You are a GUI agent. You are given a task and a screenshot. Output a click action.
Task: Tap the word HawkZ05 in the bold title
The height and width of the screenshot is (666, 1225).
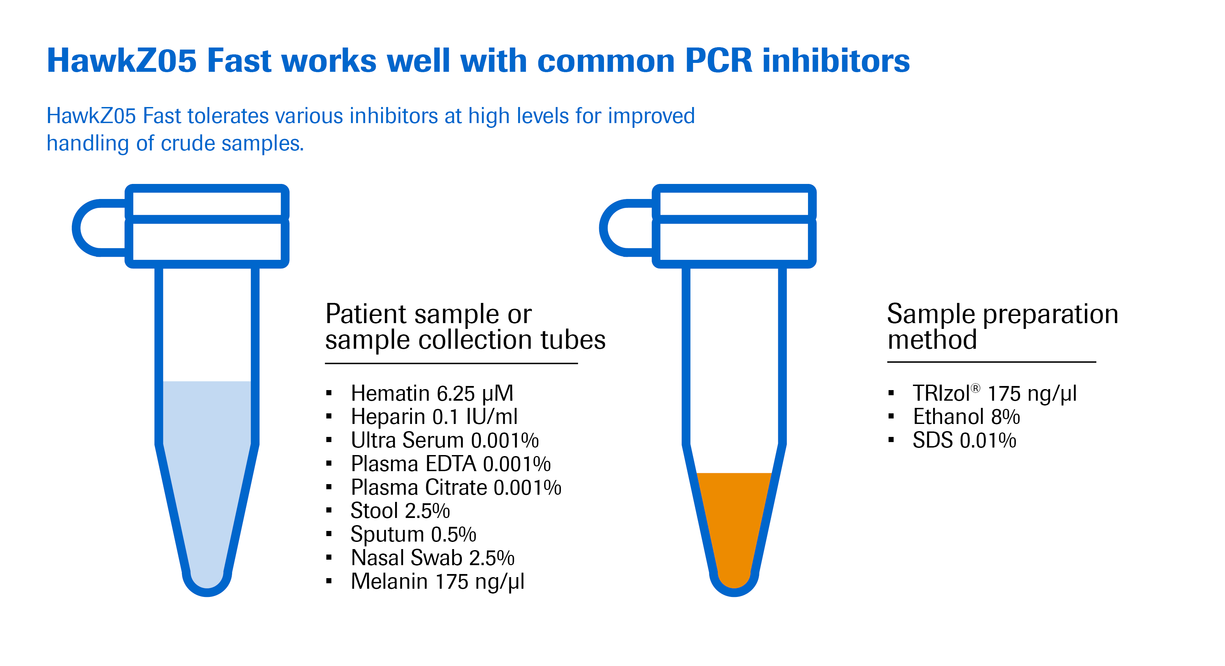(x=122, y=61)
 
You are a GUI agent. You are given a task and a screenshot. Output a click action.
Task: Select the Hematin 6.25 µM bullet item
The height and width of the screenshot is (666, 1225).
(x=432, y=394)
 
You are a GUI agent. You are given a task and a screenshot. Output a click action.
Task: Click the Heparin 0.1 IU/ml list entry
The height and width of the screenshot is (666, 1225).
(x=434, y=417)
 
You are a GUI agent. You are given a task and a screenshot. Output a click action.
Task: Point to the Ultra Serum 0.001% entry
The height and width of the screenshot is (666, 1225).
(x=445, y=440)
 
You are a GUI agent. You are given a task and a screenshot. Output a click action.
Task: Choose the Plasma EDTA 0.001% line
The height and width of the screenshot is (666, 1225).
(x=451, y=464)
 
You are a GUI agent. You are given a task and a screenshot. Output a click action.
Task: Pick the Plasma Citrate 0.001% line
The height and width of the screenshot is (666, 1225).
(x=456, y=487)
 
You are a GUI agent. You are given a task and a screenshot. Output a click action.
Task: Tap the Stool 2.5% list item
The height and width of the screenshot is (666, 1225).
(x=400, y=510)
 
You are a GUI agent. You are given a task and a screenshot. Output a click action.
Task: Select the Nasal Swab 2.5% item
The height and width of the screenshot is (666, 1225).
(x=433, y=558)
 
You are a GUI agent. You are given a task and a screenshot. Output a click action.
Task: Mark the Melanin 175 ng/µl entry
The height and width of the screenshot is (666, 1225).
(x=437, y=581)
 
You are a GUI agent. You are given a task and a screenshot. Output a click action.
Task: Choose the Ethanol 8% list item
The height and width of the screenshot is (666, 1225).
(x=966, y=417)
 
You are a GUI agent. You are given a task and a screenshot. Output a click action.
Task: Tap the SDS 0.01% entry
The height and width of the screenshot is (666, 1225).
(x=965, y=440)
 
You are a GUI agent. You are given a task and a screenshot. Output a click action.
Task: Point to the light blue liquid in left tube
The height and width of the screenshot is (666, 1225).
(x=207, y=476)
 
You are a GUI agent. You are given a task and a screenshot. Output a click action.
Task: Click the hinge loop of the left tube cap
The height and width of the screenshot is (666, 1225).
(x=85, y=228)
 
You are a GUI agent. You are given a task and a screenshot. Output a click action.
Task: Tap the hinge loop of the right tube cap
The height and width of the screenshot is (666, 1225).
(x=613, y=228)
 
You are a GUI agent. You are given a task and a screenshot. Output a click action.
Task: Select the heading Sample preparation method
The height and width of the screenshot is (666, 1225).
(x=1002, y=327)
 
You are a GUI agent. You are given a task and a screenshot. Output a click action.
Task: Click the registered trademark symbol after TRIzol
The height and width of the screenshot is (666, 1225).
(x=975, y=388)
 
